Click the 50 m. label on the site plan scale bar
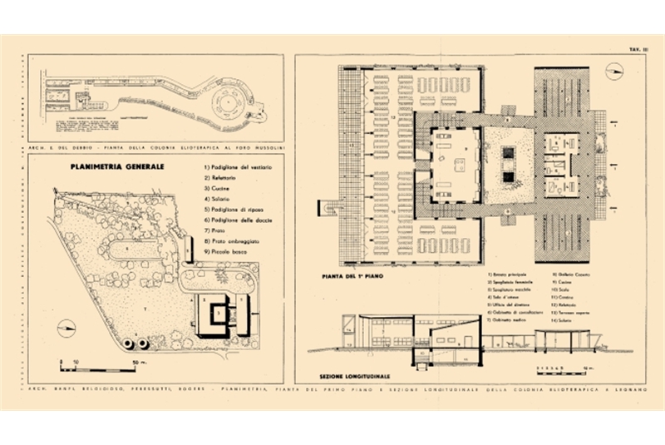[x=131, y=363]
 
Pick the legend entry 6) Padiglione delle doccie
[x=236, y=220]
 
